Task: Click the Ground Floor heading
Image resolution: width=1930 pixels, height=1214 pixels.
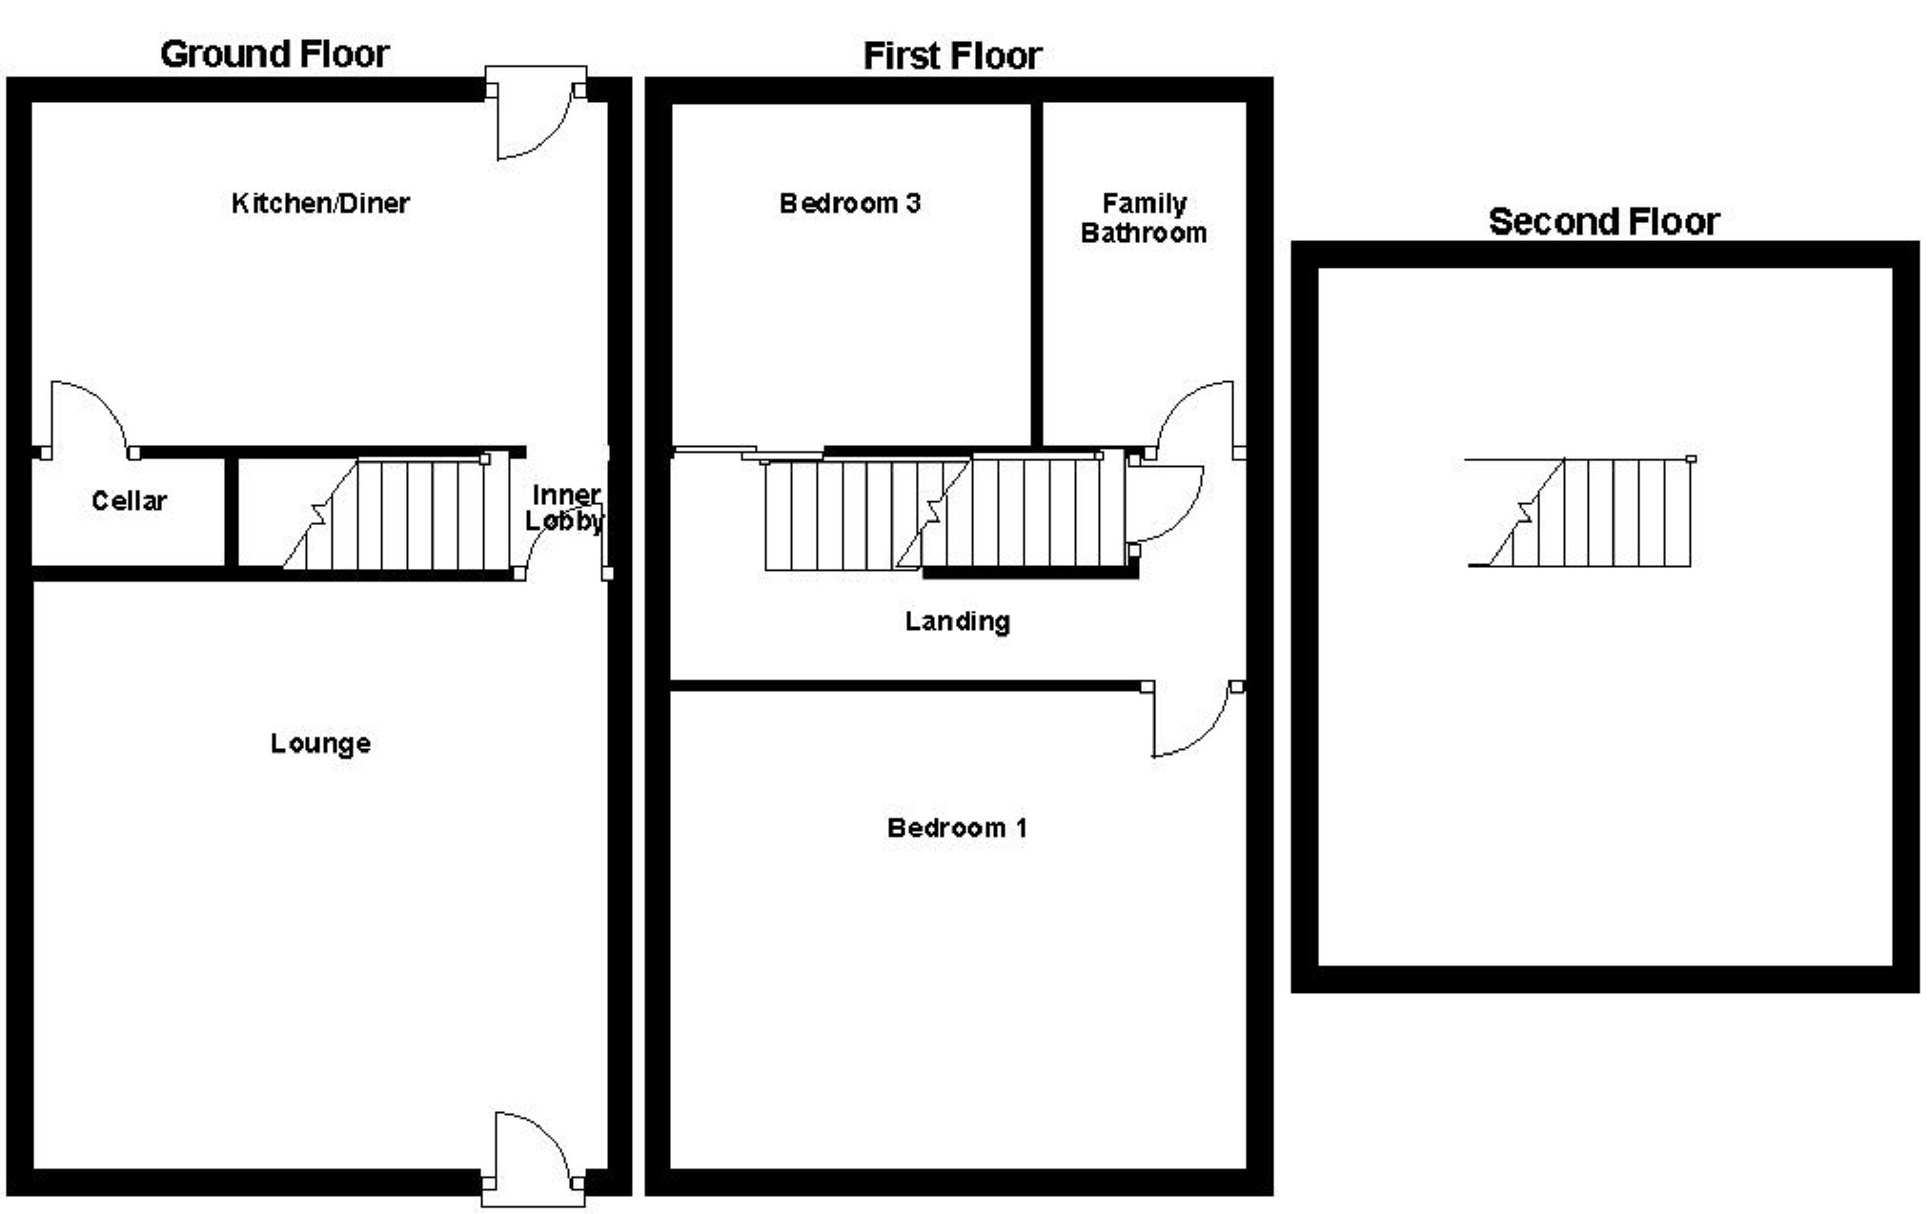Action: [274, 54]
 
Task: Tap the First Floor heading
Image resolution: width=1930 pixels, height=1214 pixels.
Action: [951, 56]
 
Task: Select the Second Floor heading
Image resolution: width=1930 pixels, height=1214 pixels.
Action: [1603, 222]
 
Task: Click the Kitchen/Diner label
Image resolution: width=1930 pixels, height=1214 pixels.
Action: [320, 203]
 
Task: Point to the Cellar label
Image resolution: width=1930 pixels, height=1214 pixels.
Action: [129, 501]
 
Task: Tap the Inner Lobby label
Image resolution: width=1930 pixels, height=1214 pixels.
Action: [564, 508]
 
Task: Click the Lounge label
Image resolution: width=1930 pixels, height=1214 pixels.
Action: [320, 743]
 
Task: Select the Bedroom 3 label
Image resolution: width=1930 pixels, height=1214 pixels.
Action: [849, 203]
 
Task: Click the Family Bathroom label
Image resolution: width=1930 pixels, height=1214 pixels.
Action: [1143, 218]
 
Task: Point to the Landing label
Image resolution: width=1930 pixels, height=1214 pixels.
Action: [957, 621]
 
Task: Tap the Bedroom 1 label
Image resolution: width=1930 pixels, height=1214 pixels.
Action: [956, 828]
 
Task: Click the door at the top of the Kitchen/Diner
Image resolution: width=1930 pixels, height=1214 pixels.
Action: [534, 119]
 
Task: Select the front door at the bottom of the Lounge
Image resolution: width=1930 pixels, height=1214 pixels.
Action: [534, 1153]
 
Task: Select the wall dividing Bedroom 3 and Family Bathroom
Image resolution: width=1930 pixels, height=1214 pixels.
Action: [1037, 276]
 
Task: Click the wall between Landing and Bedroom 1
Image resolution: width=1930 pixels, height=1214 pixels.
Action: [905, 685]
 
